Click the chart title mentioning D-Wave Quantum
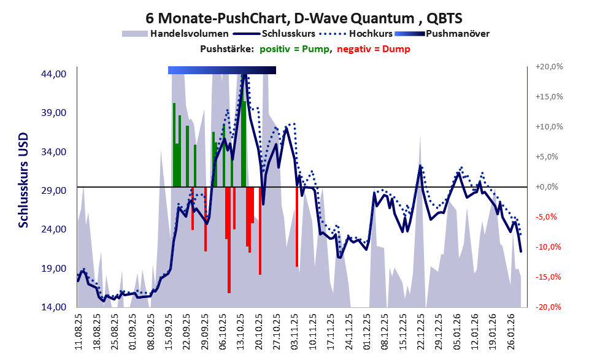coord(304,18)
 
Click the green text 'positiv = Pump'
coord(294,49)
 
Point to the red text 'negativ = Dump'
coord(374,49)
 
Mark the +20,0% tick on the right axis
coord(549,67)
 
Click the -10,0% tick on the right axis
coord(549,247)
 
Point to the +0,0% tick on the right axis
coord(549,187)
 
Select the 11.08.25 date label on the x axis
coord(79,332)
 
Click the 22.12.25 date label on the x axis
coord(421,332)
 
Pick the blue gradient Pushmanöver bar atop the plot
coord(221,71)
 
